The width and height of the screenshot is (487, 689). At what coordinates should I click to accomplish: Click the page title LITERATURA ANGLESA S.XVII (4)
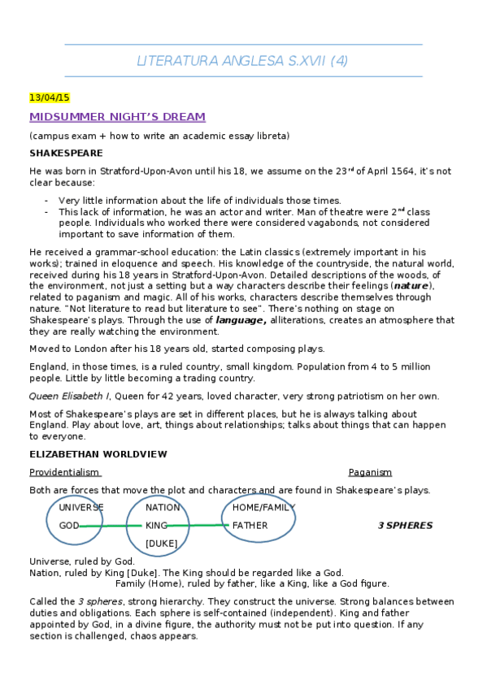(243, 61)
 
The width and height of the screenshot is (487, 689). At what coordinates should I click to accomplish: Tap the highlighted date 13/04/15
(50, 97)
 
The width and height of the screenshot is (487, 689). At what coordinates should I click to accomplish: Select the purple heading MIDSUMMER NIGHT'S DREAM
(117, 117)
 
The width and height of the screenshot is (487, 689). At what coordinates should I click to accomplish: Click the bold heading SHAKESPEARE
(66, 153)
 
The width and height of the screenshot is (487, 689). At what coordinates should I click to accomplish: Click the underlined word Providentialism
(64, 472)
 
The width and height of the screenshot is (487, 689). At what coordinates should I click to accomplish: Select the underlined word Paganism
(370, 472)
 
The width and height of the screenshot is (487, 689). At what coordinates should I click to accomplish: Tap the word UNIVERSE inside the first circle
(81, 508)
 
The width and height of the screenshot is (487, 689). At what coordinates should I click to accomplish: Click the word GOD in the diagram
(69, 526)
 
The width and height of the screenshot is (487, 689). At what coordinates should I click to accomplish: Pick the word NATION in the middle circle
(163, 508)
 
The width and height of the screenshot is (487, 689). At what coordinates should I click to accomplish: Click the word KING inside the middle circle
(156, 526)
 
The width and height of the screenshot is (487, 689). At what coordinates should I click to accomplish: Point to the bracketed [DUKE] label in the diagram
(161, 543)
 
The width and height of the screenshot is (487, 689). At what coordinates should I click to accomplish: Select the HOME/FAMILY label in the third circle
(260, 508)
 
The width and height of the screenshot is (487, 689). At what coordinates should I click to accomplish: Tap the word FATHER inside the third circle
(250, 526)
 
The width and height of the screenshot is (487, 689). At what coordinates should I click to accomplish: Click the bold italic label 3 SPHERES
(405, 526)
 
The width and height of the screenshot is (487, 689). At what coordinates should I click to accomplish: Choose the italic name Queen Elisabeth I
(69, 396)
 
